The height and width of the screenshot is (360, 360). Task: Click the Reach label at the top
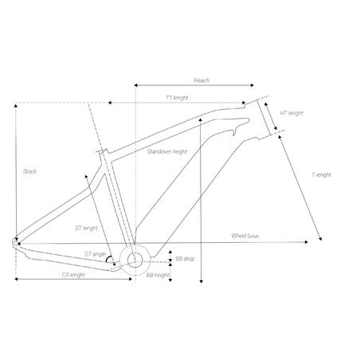coord(202,80)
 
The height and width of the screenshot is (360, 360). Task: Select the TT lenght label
coord(177,97)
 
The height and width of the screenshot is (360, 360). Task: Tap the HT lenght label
coord(292,113)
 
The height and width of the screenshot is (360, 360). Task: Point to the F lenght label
coord(321,174)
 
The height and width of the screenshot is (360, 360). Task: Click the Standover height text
coord(167,151)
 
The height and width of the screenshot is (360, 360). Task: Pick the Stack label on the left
coord(29,171)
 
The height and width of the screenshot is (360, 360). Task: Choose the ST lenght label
coord(86,228)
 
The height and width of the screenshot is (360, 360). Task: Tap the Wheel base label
coord(245,237)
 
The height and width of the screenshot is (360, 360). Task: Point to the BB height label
coord(158,275)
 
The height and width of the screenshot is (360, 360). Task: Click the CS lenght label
coord(73,275)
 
